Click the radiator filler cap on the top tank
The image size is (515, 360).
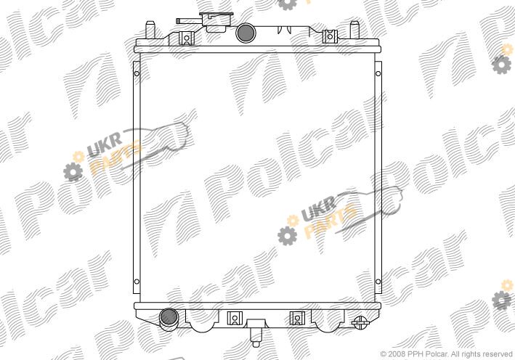(216, 22)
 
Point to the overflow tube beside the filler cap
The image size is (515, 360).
(189, 21)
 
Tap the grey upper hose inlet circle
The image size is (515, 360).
(246, 32)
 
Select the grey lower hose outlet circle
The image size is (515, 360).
(169, 318)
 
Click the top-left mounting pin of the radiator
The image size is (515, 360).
(150, 30)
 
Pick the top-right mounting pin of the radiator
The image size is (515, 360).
(354, 30)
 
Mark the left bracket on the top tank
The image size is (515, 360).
(187, 38)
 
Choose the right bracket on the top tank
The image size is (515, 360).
(330, 36)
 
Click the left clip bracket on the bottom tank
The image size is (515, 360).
(235, 318)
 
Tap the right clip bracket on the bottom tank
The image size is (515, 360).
(297, 318)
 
